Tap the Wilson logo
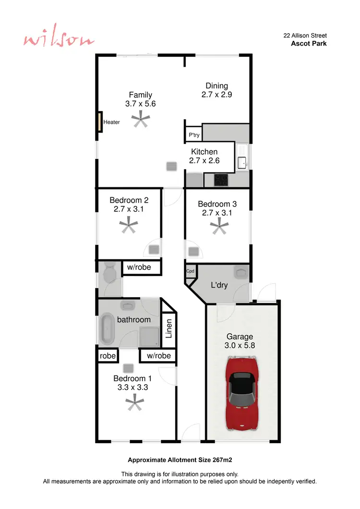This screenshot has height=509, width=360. click(59, 40)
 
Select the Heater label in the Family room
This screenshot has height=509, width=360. click(112, 122)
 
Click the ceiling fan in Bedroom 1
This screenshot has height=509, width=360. click(135, 402)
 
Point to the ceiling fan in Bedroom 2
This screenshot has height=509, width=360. click(129, 225)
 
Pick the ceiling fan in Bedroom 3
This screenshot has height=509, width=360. click(220, 226)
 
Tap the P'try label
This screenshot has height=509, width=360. click(194, 135)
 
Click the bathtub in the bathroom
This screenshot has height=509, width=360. click(107, 329)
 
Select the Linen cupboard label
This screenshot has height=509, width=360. click(169, 328)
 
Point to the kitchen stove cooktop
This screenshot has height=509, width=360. click(221, 180)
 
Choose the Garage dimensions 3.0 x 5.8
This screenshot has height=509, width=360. click(240, 345)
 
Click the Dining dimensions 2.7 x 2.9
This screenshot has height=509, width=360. click(216, 95)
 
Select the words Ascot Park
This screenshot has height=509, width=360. click(309, 43)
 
